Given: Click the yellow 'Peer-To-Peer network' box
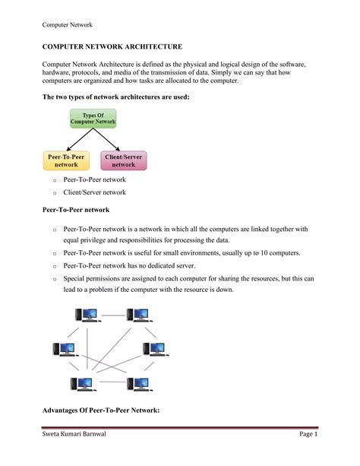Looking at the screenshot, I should tap(66, 160).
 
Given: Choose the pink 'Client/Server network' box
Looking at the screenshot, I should tap(124, 160).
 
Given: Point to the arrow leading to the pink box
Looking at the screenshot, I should tap(109, 140).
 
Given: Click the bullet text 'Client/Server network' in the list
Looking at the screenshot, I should tap(93, 192).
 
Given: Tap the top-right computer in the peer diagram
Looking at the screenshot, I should tap(139, 315).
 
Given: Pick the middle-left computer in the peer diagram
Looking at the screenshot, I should tap(64, 349).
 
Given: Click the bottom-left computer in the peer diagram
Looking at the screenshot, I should tap(81, 383).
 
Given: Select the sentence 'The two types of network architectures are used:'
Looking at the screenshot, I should tap(111, 98).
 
